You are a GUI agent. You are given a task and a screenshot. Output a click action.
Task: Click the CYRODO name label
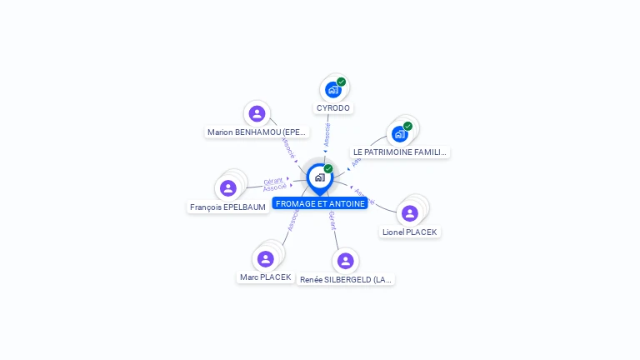[333, 108]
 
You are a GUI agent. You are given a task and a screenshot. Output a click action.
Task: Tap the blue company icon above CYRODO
[333, 90]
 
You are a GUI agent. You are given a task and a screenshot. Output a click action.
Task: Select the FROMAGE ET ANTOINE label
[320, 203]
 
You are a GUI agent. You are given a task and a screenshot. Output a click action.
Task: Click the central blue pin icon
[319, 177]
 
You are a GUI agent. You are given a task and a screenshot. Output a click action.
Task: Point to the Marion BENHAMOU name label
[257, 132]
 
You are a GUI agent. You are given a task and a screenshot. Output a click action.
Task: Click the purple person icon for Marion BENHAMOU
[257, 113]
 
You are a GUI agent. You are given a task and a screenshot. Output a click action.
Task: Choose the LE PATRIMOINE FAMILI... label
[400, 152]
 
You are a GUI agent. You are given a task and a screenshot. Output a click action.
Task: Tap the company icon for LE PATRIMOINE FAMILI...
[400, 134]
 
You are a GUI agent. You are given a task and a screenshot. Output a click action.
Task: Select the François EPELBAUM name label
[227, 207]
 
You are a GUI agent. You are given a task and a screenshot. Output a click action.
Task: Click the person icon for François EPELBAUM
[228, 188]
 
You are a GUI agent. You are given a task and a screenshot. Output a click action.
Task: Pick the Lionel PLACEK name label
[409, 232]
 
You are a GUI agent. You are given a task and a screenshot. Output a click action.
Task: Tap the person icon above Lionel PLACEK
[409, 213]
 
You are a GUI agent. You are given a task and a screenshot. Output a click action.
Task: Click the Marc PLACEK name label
[265, 277]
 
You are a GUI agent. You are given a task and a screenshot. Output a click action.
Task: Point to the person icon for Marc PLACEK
[265, 258]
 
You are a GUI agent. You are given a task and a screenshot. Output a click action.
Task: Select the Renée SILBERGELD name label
[346, 279]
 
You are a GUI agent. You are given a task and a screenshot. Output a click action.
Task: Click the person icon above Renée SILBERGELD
[346, 261]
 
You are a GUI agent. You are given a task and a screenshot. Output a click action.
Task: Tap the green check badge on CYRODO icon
[342, 82]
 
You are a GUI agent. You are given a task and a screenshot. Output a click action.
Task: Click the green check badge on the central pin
[328, 168]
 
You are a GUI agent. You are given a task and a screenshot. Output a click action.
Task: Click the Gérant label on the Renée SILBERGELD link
[332, 220]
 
